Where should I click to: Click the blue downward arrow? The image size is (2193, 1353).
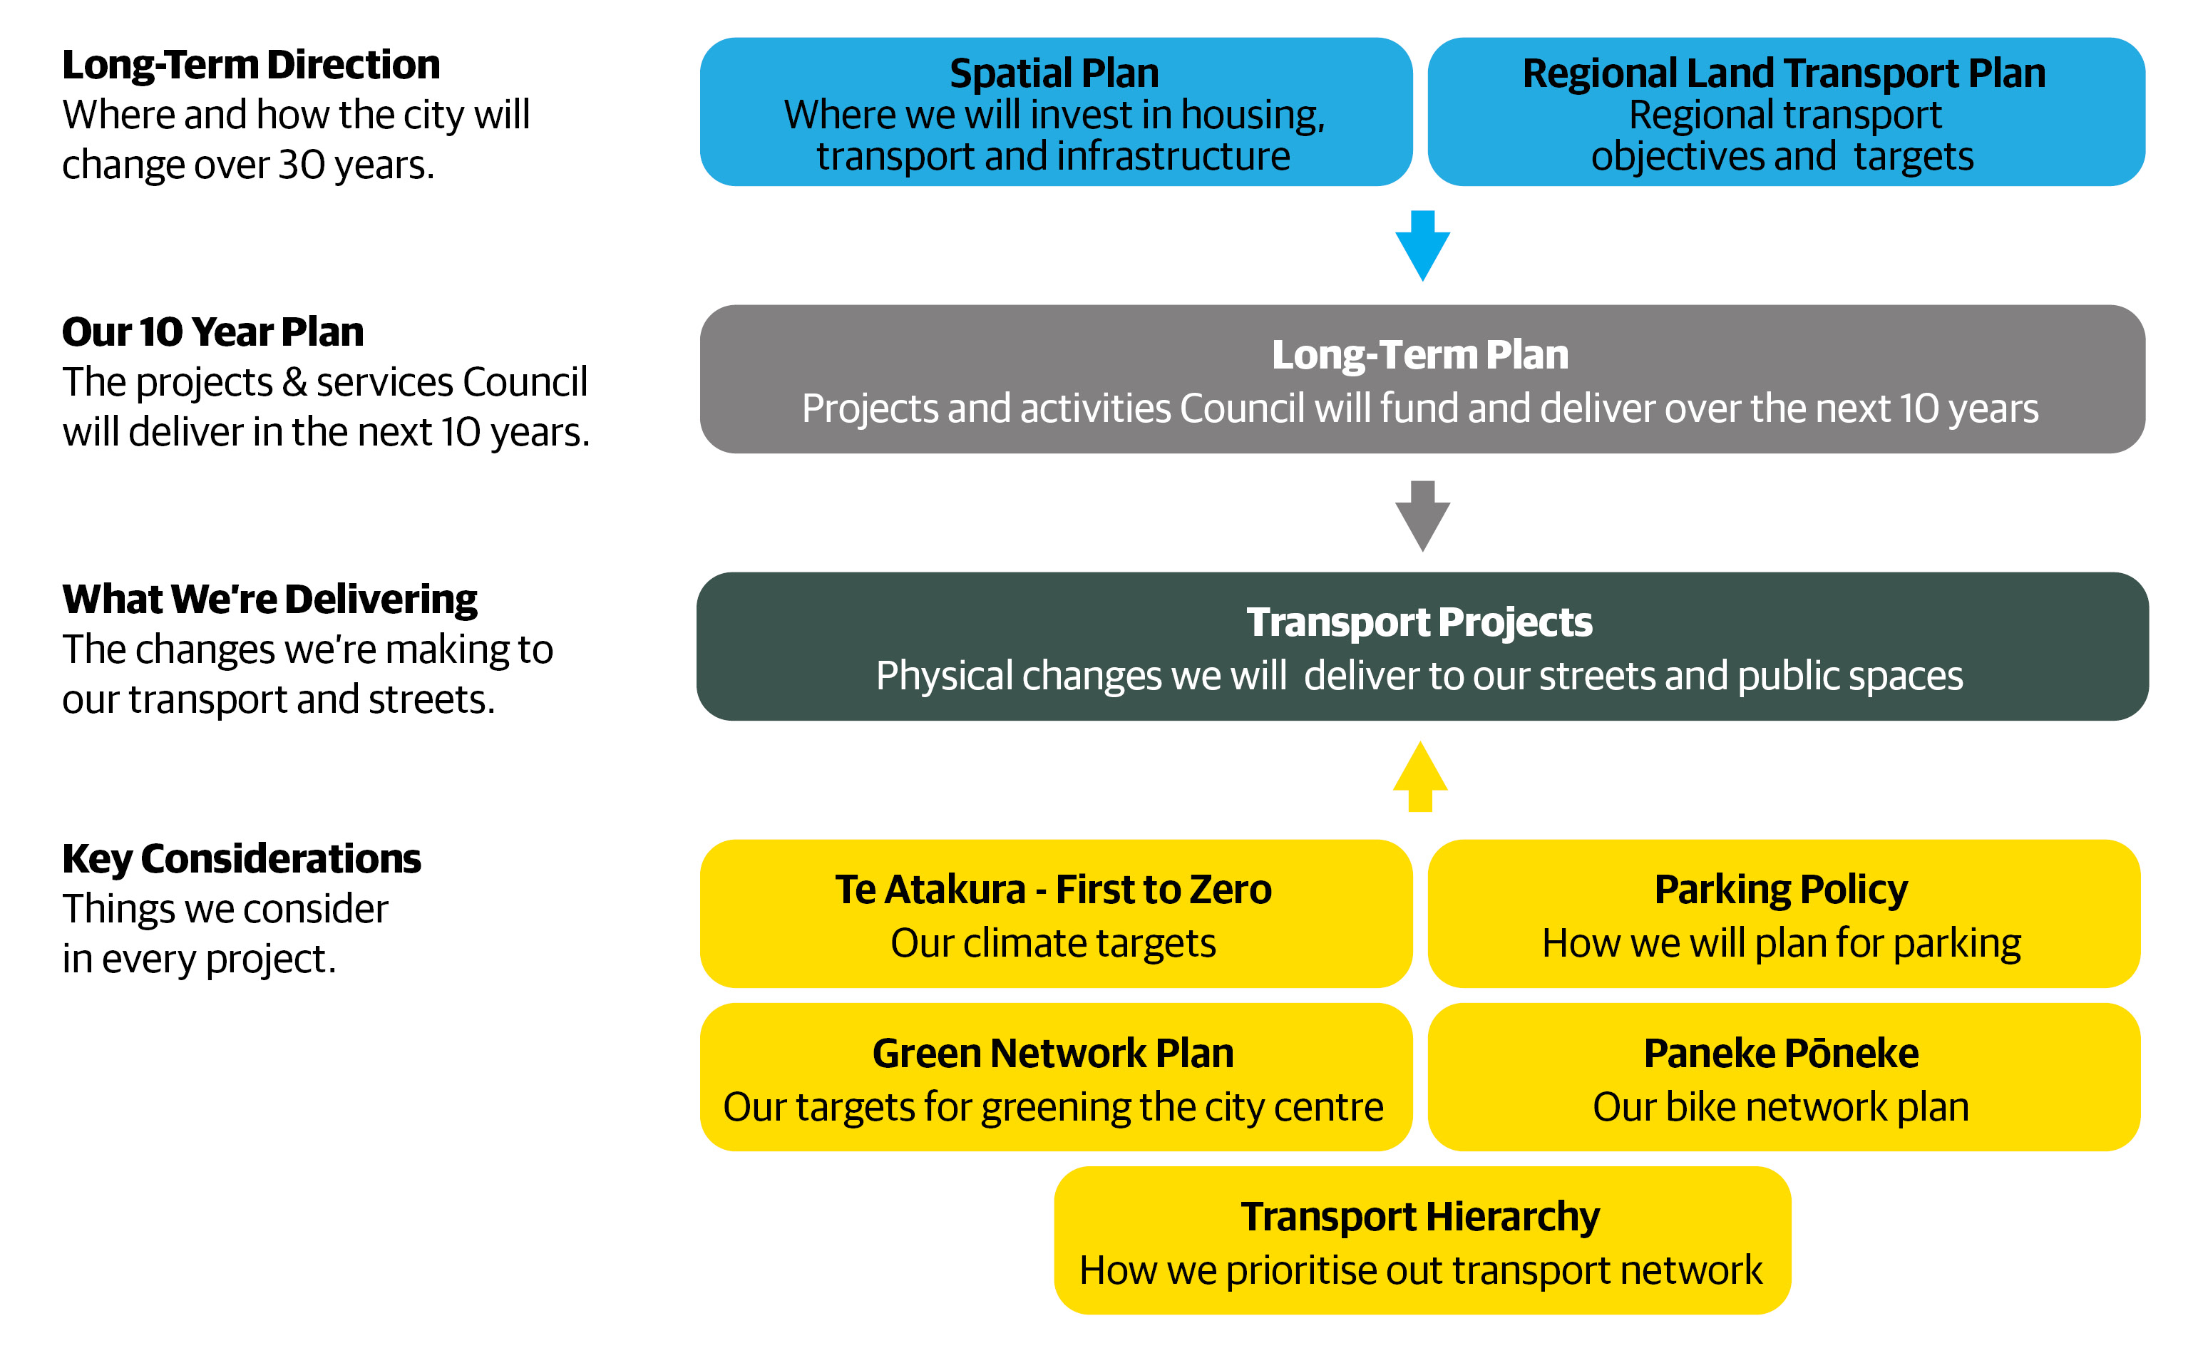click(x=1422, y=246)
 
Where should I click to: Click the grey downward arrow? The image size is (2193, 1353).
click(x=1422, y=516)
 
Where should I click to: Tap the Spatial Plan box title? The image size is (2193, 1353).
click(x=1053, y=73)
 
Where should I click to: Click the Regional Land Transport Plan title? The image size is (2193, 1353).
click(x=1783, y=73)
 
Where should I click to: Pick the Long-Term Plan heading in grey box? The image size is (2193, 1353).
click(x=1420, y=354)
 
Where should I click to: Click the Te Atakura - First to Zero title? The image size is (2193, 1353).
click(x=1053, y=890)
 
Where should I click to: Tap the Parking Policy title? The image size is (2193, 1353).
click(x=1780, y=890)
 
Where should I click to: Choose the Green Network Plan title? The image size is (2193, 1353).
click(x=1053, y=1053)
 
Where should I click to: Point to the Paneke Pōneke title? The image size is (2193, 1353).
click(x=1780, y=1053)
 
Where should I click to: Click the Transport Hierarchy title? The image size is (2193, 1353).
click(x=1420, y=1217)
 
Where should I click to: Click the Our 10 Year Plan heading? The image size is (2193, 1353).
click(x=213, y=332)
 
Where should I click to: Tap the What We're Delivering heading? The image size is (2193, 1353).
click(x=269, y=600)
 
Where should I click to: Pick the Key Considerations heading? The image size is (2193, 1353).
click(x=242, y=859)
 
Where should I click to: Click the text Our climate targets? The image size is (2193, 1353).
click(x=1053, y=943)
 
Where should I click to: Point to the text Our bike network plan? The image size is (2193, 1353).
click(x=1780, y=1108)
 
